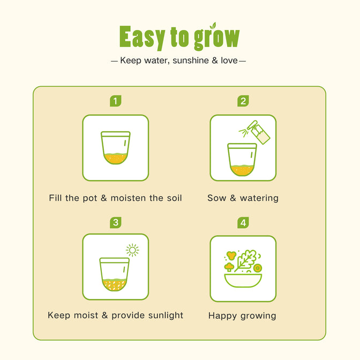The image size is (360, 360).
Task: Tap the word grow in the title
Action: coord(217,38)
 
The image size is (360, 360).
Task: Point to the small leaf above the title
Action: coord(214,25)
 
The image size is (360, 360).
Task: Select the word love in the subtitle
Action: coord(229,61)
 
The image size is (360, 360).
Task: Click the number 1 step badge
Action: coord(116,101)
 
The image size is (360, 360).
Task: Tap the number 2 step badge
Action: coord(243,101)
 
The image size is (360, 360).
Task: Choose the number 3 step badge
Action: coord(116,222)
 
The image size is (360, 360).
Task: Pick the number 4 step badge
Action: coord(243,222)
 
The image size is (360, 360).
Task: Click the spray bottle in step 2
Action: coord(258,132)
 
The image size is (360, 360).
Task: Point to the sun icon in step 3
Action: coord(132,250)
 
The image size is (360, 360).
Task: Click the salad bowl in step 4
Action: coord(243,280)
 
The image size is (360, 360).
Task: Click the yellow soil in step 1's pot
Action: coord(116,159)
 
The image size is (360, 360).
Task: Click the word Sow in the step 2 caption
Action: coord(216,198)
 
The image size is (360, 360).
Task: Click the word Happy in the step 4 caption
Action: coord(222,316)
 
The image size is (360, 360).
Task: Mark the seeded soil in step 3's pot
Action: coord(114,284)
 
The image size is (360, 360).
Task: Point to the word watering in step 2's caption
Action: coord(259,198)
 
